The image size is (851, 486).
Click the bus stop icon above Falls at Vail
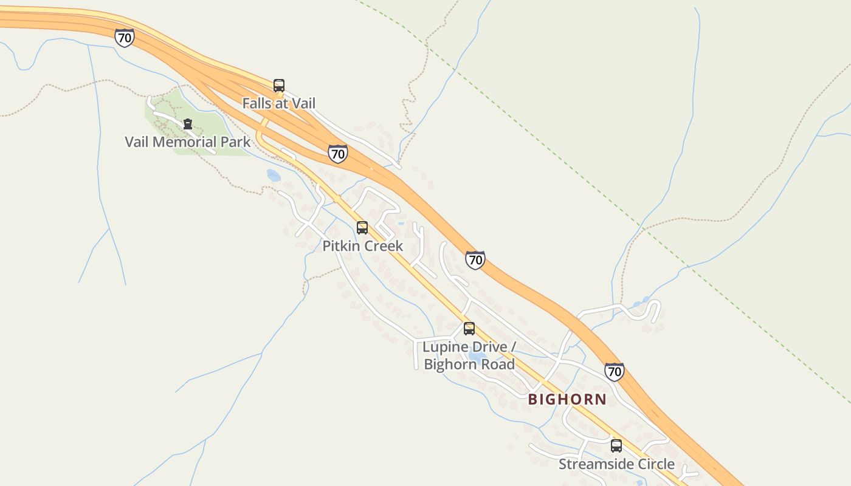coord(279,86)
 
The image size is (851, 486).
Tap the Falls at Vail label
coord(279,103)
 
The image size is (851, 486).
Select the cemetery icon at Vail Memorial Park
coord(188,125)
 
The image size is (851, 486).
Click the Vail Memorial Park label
coord(187,142)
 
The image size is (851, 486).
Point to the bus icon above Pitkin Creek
coord(362,228)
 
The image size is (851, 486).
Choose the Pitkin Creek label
coord(362,246)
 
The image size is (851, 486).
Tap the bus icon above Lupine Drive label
coord(469,329)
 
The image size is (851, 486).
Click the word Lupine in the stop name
coord(446,347)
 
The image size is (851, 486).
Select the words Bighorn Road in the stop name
coord(469,364)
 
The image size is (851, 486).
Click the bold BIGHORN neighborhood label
coord(567,399)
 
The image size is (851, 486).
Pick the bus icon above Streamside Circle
coord(616,447)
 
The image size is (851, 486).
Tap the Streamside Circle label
coord(616,464)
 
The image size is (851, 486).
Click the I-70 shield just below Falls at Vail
coord(337,154)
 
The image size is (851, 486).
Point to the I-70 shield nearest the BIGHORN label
coord(614,372)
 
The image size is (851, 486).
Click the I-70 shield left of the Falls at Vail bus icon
coord(124,38)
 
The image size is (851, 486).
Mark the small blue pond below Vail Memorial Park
coord(273,176)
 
